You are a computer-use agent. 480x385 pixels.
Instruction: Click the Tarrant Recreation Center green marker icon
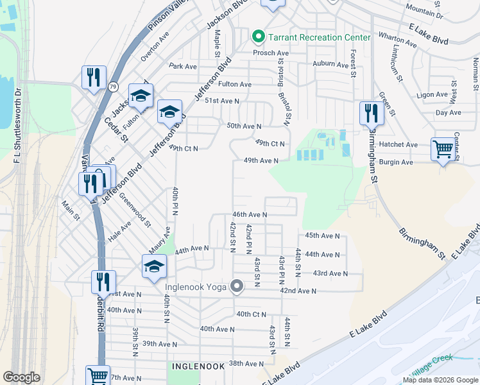259,37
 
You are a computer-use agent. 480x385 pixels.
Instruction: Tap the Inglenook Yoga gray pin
237,286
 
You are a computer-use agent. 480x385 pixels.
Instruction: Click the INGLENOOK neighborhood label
198,366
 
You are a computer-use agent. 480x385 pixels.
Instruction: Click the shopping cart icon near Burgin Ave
443,149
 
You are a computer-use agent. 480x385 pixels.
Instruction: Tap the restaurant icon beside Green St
371,113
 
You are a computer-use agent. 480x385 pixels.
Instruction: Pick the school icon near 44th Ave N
154,266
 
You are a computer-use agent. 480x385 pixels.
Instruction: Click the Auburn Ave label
329,64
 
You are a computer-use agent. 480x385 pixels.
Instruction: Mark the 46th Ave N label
249,214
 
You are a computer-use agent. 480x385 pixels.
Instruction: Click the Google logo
21,377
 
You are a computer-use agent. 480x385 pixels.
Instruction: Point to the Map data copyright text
440,380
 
